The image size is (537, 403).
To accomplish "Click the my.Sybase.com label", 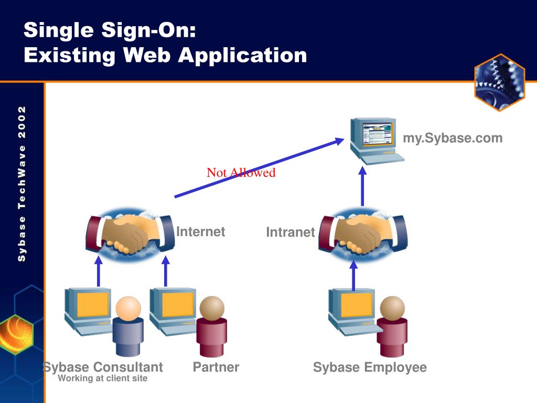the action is [452, 139].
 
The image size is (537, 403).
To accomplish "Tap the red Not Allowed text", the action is [241, 173].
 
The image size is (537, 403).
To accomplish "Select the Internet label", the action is [200, 232].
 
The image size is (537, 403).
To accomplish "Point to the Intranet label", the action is [290, 232].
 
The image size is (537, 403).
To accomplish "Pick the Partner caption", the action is [216, 367].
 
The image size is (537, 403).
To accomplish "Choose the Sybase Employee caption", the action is [370, 367].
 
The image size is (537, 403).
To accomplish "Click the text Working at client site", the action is [103, 378].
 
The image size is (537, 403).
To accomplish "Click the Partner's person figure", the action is [211, 325].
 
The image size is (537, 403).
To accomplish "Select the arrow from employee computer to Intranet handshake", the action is [353, 275].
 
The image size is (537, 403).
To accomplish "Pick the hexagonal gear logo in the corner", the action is [499, 82].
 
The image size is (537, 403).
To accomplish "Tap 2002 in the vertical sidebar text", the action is [22, 120].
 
